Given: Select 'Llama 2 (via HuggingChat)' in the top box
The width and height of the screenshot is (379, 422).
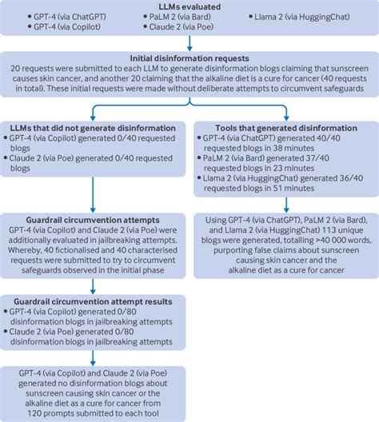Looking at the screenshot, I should (x=299, y=16).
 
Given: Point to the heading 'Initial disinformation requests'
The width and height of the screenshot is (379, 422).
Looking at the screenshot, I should (x=189, y=58).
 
